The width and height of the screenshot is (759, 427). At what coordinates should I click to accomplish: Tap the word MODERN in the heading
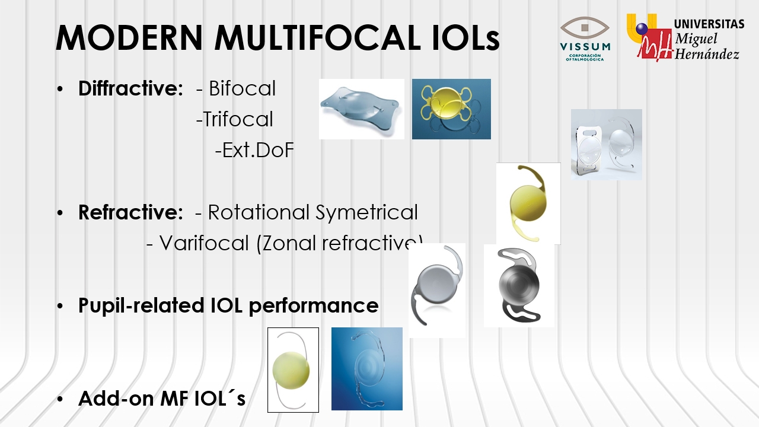[129, 37]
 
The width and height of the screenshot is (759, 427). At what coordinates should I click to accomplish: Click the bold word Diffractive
[131, 88]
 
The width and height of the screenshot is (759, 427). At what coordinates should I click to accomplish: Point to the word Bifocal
[242, 88]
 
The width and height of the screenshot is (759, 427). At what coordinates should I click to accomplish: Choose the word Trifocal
[238, 119]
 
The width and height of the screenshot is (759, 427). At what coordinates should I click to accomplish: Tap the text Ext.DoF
[258, 150]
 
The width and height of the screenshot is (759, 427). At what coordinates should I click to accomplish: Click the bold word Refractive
[131, 212]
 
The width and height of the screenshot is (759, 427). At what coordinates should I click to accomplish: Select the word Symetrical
[366, 213]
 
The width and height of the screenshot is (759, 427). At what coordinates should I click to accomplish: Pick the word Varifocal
[204, 243]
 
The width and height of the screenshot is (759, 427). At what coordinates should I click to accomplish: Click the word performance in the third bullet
[314, 306]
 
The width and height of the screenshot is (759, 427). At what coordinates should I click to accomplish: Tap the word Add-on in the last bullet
[116, 398]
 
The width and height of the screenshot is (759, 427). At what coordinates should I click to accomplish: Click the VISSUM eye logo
[585, 39]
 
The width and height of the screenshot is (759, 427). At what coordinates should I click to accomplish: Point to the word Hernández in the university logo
[706, 54]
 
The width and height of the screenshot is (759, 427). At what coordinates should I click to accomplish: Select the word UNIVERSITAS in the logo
[709, 24]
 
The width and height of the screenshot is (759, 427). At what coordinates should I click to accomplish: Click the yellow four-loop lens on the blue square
[447, 101]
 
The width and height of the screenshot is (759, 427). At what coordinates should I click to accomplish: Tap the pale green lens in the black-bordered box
[291, 370]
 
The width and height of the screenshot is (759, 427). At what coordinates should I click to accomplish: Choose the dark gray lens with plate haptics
[519, 285]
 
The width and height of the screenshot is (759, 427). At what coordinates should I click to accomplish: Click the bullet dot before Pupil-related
[60, 307]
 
